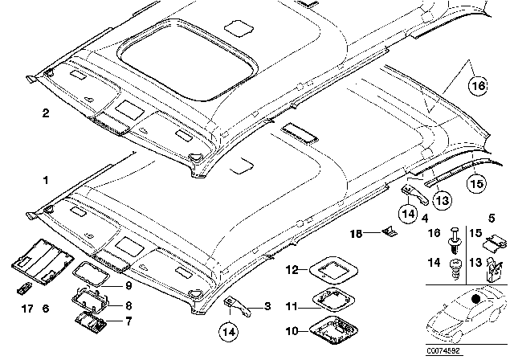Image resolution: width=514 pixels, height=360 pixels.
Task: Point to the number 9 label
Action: [127, 284]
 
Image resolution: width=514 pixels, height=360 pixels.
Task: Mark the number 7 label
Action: [127, 321]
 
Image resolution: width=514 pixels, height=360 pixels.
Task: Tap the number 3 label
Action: [267, 306]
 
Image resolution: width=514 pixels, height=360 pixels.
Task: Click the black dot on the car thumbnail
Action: [477, 298]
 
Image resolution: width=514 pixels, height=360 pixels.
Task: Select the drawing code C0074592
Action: [445, 350]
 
